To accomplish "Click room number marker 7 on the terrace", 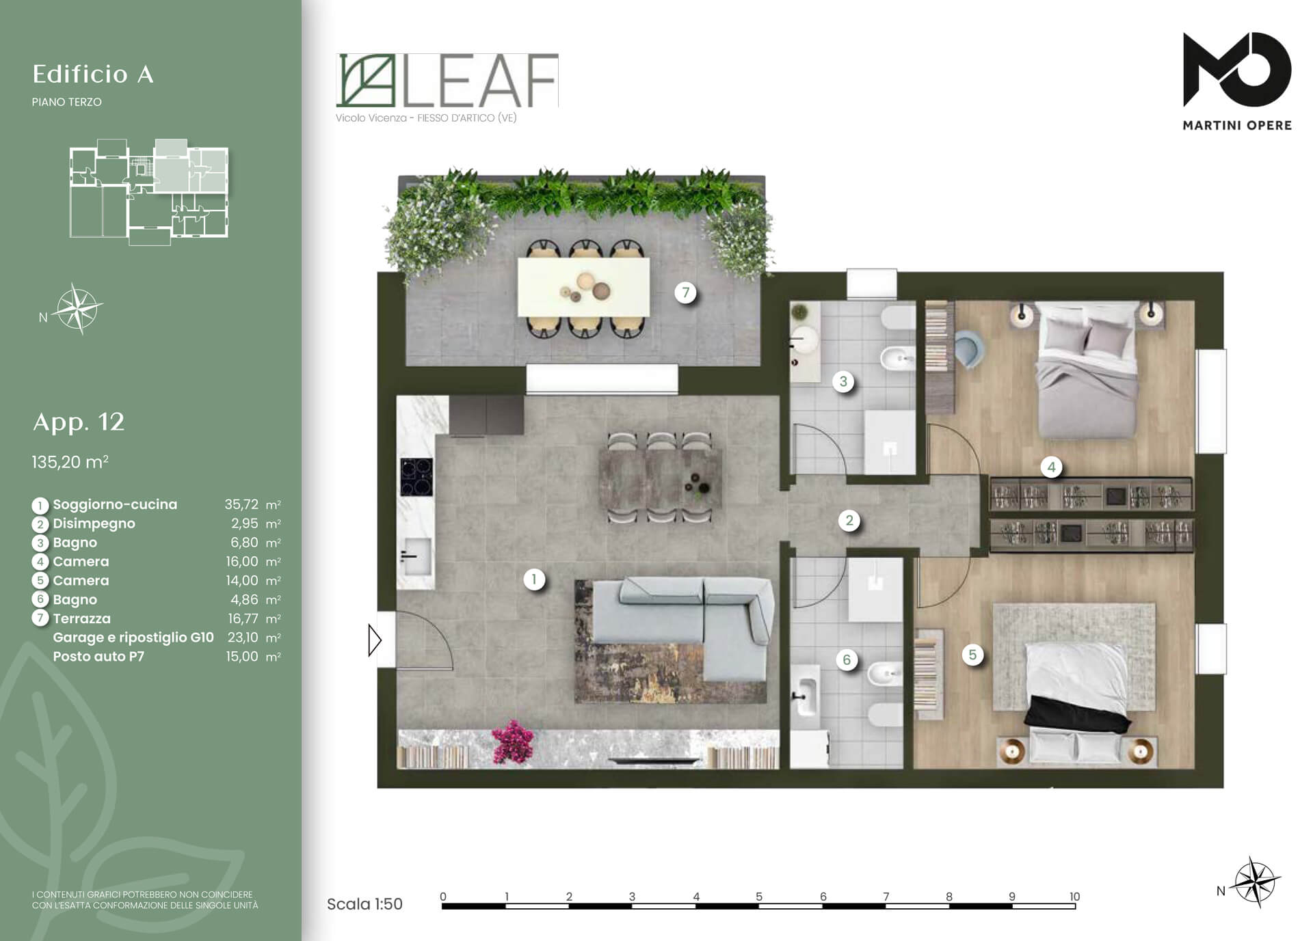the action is point(685,292).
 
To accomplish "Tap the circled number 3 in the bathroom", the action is point(843,381).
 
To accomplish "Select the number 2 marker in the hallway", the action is point(849,521).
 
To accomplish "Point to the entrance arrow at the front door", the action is point(375,640).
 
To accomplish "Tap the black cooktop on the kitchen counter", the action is point(416,476).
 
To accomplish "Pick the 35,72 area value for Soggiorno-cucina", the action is point(241,504).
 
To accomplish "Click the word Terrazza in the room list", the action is point(81,618).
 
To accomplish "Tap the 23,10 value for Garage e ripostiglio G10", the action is point(243,638).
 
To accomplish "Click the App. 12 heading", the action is point(79,422).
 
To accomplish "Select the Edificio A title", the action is point(93,74).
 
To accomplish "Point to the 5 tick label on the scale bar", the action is point(759,897).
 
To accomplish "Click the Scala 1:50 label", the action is point(364,904).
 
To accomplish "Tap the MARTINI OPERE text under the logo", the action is point(1237,125).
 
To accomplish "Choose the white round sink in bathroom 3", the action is point(804,338).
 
